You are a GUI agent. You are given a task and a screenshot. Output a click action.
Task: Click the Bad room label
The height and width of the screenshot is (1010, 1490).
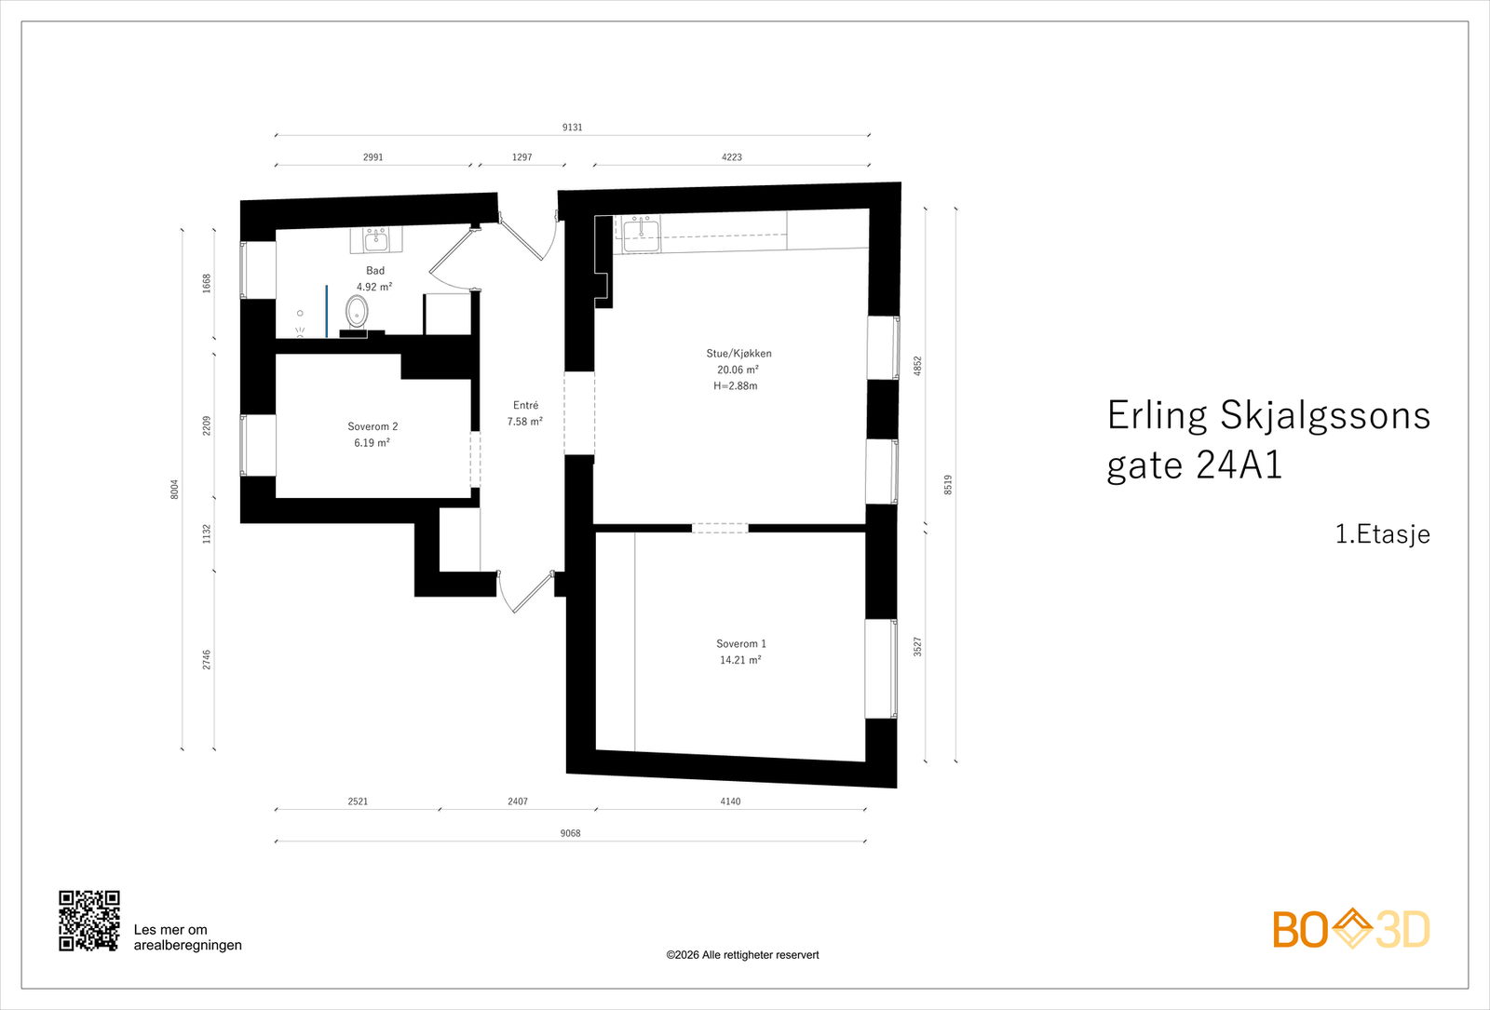pos(374,271)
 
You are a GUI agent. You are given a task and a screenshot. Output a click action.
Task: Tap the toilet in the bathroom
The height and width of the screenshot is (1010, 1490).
pos(357,311)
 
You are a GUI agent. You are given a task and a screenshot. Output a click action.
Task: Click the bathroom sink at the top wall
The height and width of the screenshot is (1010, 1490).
pos(376,240)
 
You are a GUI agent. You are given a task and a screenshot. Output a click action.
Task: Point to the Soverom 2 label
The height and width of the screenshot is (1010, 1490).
pos(372,426)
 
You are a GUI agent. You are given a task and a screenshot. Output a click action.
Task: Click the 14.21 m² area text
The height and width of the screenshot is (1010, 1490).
pos(740,660)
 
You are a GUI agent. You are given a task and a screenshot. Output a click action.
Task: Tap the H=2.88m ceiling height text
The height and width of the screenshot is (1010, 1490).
pos(736,386)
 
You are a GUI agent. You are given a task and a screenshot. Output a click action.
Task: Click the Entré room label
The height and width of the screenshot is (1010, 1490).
pos(525,405)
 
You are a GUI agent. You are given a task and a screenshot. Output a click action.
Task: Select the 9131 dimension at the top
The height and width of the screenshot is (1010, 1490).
pos(572,128)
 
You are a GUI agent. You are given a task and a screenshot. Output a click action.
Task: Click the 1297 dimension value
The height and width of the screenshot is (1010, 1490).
pos(521,157)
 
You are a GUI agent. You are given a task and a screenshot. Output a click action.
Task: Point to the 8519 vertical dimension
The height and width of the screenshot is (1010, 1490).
pos(948,485)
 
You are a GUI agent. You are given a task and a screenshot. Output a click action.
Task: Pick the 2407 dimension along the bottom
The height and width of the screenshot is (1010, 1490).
pos(518,801)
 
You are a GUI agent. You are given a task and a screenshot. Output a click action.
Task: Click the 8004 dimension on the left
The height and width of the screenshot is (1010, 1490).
pos(174,490)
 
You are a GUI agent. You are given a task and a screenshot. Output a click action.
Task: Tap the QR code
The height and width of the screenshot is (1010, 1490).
pos(89,921)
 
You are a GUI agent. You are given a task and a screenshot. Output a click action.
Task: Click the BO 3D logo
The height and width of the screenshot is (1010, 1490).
pos(1351,929)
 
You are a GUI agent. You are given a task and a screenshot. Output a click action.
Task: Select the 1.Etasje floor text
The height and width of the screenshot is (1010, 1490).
pos(1382,534)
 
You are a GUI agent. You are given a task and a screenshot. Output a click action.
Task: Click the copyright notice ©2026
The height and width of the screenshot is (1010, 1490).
pos(742,955)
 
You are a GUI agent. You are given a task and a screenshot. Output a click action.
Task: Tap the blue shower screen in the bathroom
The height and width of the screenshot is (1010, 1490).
pos(326,312)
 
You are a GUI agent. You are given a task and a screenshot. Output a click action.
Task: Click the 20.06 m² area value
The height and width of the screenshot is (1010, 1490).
pos(738,370)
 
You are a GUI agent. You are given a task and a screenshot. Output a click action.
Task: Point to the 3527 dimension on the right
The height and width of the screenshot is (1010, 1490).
pos(917,647)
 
